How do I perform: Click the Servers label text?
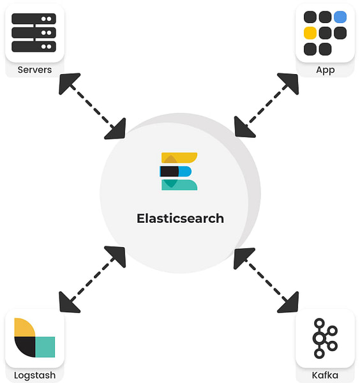click(x=34, y=70)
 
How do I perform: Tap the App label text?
click(x=326, y=70)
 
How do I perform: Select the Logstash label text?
click(x=34, y=375)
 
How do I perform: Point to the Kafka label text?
click(x=325, y=375)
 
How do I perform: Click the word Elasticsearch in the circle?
click(x=180, y=218)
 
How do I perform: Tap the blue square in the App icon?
click(x=340, y=17)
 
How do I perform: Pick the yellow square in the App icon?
click(x=310, y=33)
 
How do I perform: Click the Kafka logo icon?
click(x=325, y=338)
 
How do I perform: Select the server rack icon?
click(x=34, y=33)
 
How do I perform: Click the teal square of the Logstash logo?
click(x=45, y=347)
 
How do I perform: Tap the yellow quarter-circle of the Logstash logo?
click(x=24, y=328)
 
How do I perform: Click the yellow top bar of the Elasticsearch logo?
click(x=179, y=158)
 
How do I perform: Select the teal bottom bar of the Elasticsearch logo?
click(x=179, y=185)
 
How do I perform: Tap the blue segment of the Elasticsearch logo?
click(x=185, y=171)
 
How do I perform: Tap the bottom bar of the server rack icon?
click(x=34, y=47)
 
